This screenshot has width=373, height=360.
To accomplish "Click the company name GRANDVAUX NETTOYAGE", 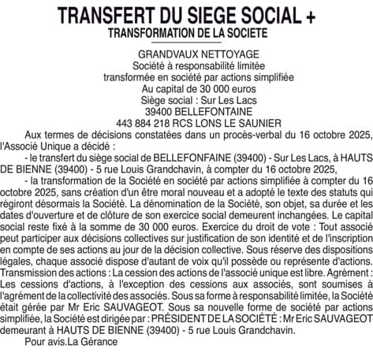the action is (x=187, y=57).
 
